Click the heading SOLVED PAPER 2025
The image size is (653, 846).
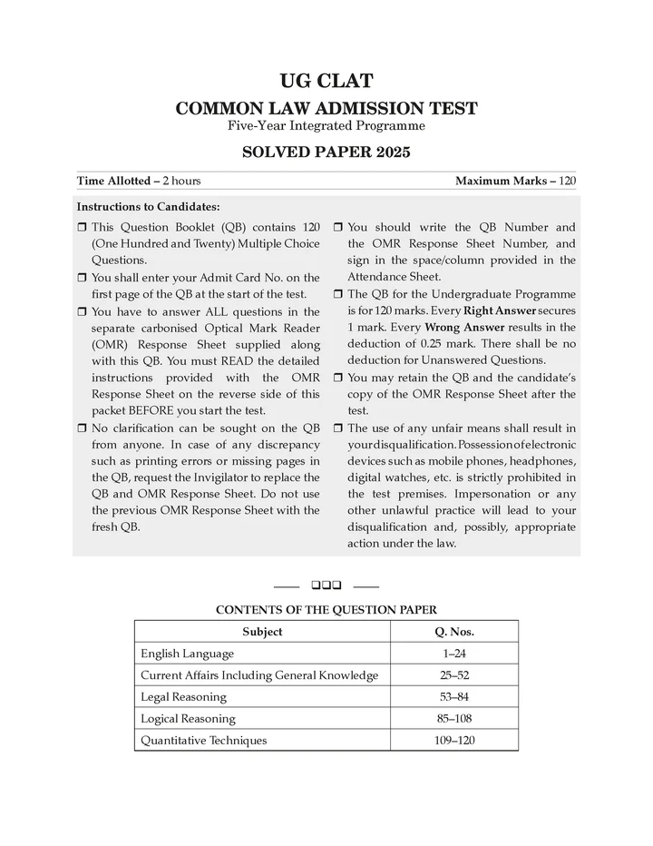pos(326,152)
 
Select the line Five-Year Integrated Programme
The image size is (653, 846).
pos(326,125)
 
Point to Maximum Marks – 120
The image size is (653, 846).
pos(515,181)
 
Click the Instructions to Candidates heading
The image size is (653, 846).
pos(148,207)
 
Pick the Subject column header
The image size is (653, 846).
pos(262,632)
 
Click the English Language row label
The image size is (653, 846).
pos(187,654)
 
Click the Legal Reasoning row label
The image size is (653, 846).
pos(183,697)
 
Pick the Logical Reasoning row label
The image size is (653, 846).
pos(188,719)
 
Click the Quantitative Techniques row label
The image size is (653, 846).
pos(204,741)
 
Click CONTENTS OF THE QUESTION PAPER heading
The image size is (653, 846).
pos(326,610)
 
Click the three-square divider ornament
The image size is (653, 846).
pos(326,585)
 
